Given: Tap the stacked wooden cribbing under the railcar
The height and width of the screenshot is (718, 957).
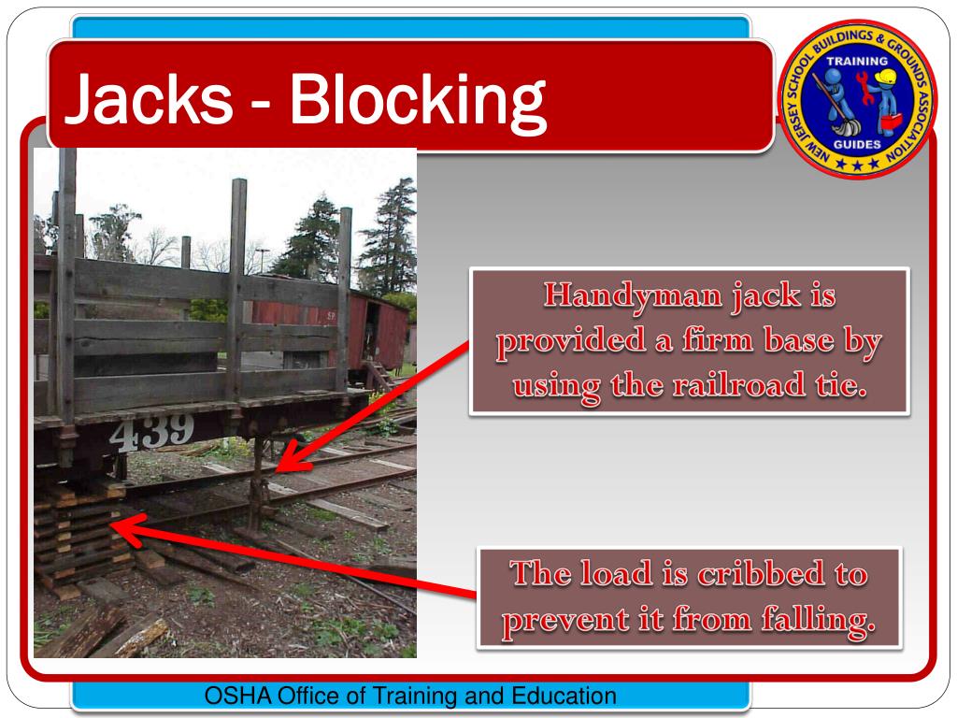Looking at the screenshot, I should coord(79,538).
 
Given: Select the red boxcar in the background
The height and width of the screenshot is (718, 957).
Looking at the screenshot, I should coord(379,327).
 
